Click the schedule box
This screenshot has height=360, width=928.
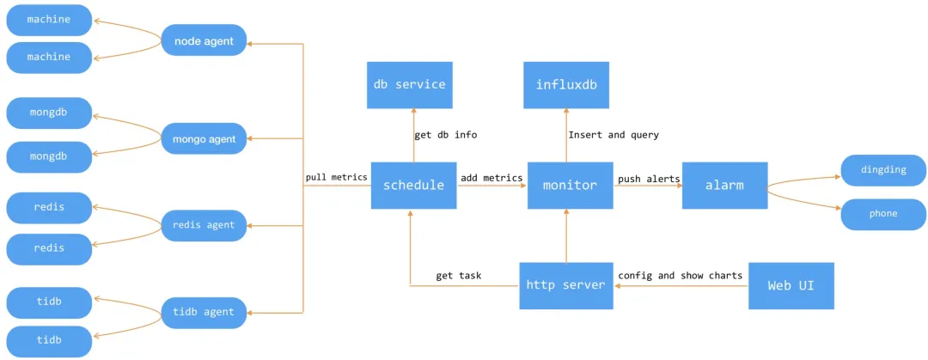[413, 186]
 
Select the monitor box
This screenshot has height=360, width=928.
[571, 186]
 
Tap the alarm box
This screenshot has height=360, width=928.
[725, 186]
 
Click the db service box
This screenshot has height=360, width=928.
[410, 85]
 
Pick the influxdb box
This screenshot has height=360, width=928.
[566, 85]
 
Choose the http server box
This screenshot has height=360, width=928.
[565, 285]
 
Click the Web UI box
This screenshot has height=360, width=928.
[791, 285]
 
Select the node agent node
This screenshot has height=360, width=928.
[204, 40]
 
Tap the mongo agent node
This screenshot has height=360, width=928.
[204, 139]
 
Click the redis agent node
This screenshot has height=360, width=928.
[204, 226]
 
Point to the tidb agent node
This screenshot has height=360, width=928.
[204, 313]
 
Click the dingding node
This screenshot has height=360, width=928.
[883, 170]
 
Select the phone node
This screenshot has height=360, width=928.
[883, 214]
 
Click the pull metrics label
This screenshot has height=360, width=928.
[337, 177]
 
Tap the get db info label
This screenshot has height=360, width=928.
[446, 135]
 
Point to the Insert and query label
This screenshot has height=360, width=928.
[614, 135]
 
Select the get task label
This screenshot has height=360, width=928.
[459, 275]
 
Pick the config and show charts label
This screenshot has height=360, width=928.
[680, 275]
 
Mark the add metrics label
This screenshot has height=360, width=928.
[491, 178]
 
